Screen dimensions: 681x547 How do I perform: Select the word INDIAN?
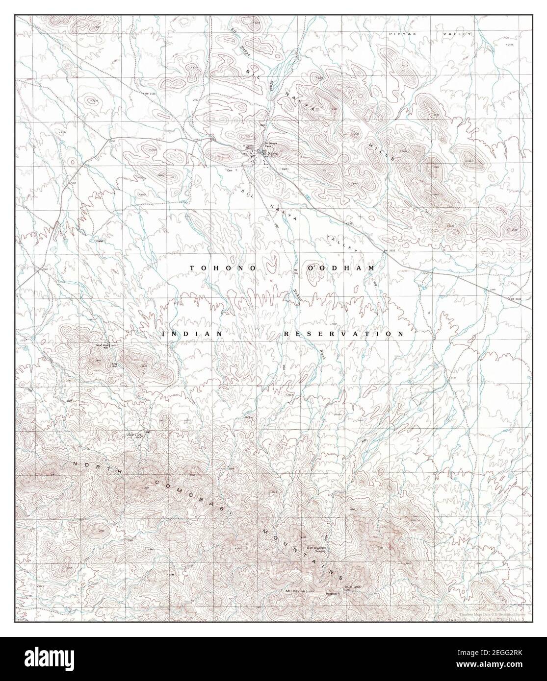pyautogui.click(x=192, y=334)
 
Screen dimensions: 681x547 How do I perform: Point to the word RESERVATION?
pyautogui.click(x=343, y=334)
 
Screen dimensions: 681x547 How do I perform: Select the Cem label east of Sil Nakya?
pyautogui.click(x=284, y=169)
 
